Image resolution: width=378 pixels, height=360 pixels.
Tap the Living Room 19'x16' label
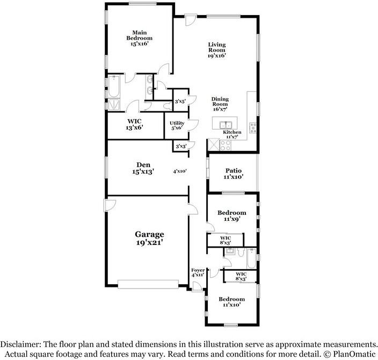click(x=217, y=50)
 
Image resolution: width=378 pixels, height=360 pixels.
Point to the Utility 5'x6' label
click(x=177, y=125)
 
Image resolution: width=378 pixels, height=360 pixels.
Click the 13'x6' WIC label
click(x=135, y=125)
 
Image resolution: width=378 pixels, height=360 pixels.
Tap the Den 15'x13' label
click(x=143, y=168)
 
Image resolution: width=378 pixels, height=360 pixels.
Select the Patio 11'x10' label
click(x=234, y=174)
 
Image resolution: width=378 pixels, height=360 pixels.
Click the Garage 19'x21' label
click(x=149, y=238)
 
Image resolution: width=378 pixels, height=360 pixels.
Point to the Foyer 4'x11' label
click(x=198, y=272)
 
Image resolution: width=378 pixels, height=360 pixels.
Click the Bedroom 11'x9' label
click(x=231, y=216)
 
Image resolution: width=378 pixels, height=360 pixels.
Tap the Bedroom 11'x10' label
click(x=231, y=301)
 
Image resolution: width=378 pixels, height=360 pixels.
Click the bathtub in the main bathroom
click(x=113, y=86)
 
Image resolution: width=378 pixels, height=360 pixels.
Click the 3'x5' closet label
click(x=180, y=101)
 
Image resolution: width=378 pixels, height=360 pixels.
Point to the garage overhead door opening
click(x=148, y=283)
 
